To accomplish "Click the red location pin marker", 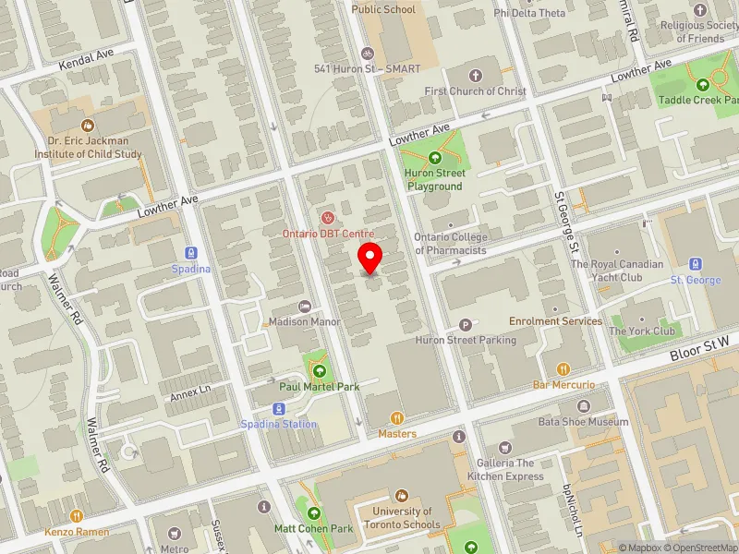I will (370, 258).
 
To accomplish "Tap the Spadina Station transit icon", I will (277, 409).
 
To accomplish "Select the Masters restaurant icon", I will (397, 418).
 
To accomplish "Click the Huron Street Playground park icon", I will (436, 158).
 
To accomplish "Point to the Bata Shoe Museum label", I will (583, 422).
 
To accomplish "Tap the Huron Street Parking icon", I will (465, 325).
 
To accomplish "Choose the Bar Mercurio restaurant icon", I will (563, 368).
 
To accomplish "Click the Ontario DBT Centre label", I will (328, 234).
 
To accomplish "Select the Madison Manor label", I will (305, 321).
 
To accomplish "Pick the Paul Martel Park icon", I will (320, 371).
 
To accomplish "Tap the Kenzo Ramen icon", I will (76, 517).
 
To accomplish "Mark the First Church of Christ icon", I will (476, 75).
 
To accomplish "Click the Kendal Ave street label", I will (86, 61).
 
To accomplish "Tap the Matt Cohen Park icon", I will (314, 513).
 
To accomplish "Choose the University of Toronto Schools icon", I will (402, 496).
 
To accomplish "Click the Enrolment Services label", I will (555, 321).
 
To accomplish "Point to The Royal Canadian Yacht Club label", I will (618, 271).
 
